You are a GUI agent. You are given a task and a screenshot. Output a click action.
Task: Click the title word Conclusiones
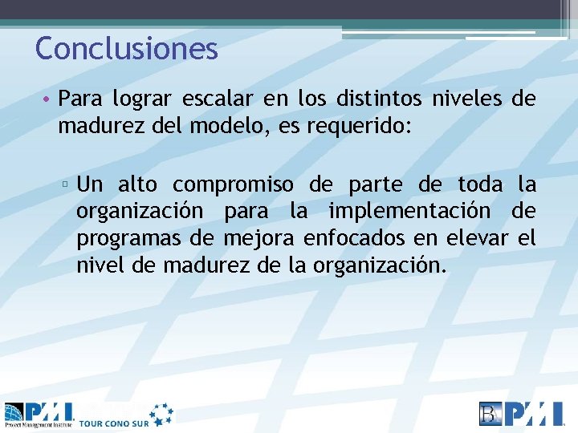click(127, 49)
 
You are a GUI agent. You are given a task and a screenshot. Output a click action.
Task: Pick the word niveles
click(467, 100)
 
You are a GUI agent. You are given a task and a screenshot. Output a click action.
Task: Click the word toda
click(480, 185)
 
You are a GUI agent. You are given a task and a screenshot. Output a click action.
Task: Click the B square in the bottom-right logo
click(490, 413)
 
